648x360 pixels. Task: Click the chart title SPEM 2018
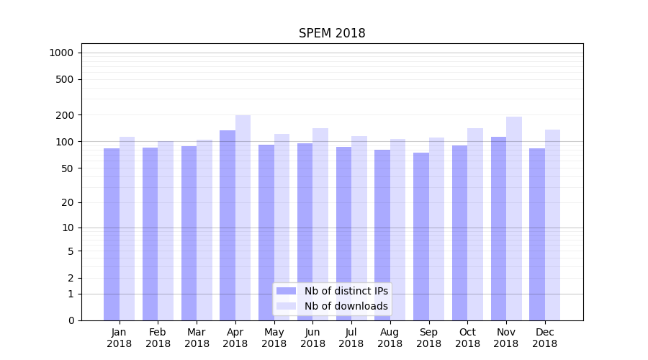(332, 34)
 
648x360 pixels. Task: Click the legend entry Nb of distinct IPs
(346, 291)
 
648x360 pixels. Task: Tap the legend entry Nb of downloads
(346, 306)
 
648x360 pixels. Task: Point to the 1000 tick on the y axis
(61, 53)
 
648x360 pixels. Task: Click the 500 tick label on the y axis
(64, 79)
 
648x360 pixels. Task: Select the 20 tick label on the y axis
(67, 202)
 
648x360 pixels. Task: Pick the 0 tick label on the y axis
(70, 320)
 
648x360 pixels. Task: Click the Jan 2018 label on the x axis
(120, 338)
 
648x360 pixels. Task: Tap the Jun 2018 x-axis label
(312, 338)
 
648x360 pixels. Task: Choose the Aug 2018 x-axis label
(390, 338)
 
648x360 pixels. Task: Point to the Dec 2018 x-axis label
(545, 338)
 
